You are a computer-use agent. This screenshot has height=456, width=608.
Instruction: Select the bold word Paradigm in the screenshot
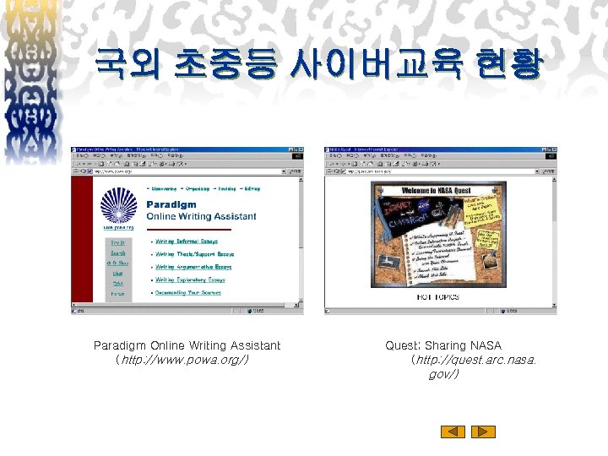(x=171, y=204)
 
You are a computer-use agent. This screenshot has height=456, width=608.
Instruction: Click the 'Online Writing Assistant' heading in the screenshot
(x=201, y=216)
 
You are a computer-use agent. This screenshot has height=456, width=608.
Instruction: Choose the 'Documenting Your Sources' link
(x=187, y=292)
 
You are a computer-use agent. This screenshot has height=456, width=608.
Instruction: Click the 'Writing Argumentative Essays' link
(x=193, y=267)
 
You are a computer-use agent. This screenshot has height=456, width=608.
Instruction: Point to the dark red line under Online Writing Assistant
(x=201, y=229)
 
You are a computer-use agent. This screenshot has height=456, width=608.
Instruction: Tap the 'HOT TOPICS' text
(x=437, y=297)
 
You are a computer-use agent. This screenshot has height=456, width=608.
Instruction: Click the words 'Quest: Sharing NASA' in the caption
(x=443, y=345)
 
